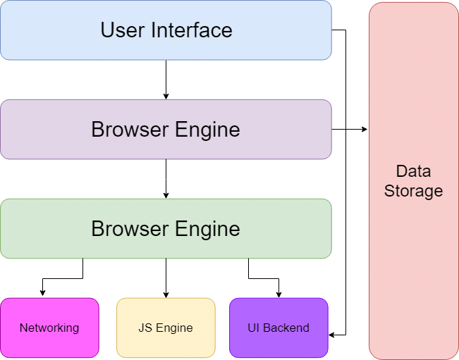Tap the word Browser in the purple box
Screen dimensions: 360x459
coord(128,130)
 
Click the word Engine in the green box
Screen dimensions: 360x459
coord(210,229)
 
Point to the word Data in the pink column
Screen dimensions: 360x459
coord(413,171)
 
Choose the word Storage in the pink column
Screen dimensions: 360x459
coord(413,191)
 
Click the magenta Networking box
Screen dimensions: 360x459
coord(49,328)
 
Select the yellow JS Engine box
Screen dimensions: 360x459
coord(166,328)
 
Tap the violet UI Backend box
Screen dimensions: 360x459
coord(279,328)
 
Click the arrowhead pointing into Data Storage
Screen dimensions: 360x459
coord(365,130)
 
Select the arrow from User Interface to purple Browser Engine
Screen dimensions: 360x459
coord(166,79)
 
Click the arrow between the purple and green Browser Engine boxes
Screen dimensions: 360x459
coord(166,178)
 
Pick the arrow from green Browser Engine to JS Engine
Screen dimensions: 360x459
coord(166,278)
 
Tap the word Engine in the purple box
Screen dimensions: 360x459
coord(210,130)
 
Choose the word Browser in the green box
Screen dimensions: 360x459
coord(128,229)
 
